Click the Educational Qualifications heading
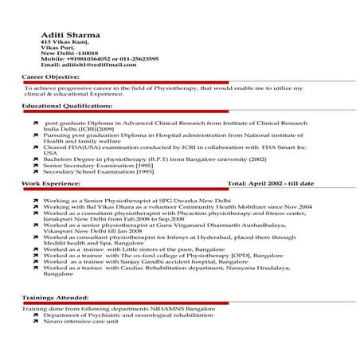pyautogui.click(x=67, y=105)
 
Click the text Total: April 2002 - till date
pyautogui.click(x=270, y=205)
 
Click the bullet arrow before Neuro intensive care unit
pyautogui.click(x=35, y=321)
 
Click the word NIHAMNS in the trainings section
pyautogui.click(x=170, y=307)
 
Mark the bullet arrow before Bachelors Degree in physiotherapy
pyautogui.click(x=35, y=159)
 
